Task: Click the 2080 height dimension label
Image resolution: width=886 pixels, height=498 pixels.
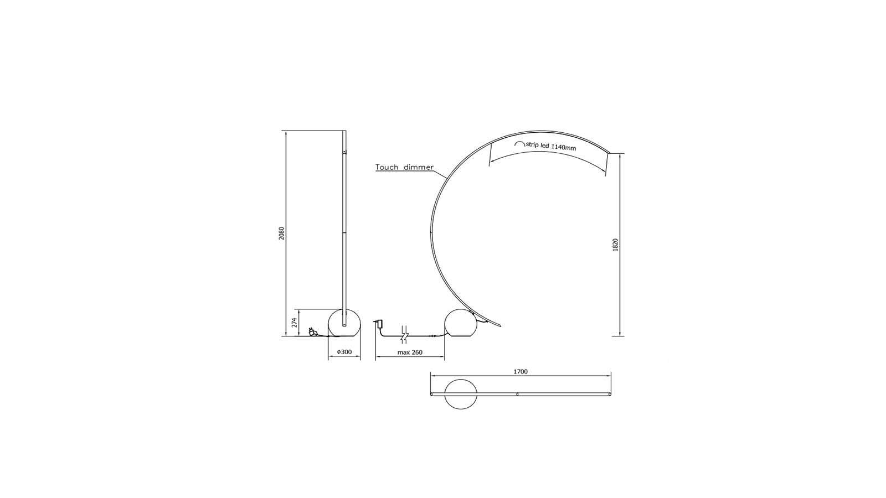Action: click(282, 234)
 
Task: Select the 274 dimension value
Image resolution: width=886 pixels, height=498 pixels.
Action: click(295, 323)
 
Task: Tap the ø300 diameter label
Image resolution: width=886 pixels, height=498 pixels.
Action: click(344, 352)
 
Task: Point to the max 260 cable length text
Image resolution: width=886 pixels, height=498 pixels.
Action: click(410, 352)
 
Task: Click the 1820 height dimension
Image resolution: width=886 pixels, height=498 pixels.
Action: click(615, 245)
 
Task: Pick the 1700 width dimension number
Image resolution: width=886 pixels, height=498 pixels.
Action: click(521, 371)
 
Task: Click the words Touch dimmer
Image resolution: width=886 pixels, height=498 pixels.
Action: click(404, 167)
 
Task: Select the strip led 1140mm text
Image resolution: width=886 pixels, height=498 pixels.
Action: click(551, 147)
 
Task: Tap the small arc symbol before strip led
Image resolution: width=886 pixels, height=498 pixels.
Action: click(519, 143)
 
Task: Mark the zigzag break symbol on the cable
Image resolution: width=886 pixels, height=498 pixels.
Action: click(405, 335)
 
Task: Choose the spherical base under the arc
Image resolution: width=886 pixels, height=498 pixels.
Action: click(460, 323)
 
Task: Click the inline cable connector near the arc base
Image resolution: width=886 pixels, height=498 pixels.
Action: click(432, 335)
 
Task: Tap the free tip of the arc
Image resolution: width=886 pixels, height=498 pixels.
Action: click(609, 153)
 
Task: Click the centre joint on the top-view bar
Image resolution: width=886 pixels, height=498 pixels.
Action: click(517, 395)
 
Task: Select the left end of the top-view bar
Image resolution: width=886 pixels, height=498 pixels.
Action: click(432, 395)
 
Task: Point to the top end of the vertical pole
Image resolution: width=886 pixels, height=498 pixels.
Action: click(344, 132)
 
